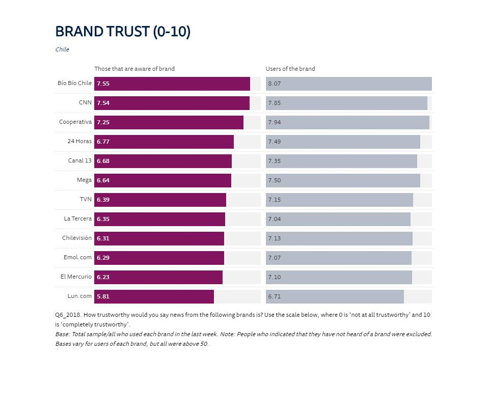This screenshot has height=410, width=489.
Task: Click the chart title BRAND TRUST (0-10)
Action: click(123, 32)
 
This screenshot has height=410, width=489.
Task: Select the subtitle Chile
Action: click(62, 49)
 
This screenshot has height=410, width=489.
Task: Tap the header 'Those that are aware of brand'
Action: click(134, 69)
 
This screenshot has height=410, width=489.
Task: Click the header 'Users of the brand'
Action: click(290, 69)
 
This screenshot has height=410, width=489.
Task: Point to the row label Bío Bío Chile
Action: click(74, 83)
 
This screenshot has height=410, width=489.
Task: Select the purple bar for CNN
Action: click(172, 103)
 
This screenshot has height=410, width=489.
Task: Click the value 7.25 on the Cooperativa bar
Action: click(103, 122)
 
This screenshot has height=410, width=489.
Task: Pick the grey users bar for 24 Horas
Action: click(343, 142)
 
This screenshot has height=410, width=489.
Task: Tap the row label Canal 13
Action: click(80, 160)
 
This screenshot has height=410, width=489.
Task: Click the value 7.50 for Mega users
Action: click(275, 180)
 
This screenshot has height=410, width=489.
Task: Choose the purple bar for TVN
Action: click(160, 200)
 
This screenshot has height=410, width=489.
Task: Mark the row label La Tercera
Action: click(78, 218)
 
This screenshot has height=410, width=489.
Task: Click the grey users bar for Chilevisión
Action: click(339, 238)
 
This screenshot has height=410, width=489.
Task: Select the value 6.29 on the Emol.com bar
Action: click(103, 258)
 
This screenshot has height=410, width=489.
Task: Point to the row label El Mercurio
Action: click(76, 277)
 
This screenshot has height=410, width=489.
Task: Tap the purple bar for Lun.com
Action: click(154, 296)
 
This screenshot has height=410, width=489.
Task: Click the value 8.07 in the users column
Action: click(275, 84)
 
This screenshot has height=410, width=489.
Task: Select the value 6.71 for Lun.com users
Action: click(275, 296)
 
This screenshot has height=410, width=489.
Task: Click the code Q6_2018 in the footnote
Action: click(68, 315)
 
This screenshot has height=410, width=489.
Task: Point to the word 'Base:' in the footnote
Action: click(63, 334)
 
